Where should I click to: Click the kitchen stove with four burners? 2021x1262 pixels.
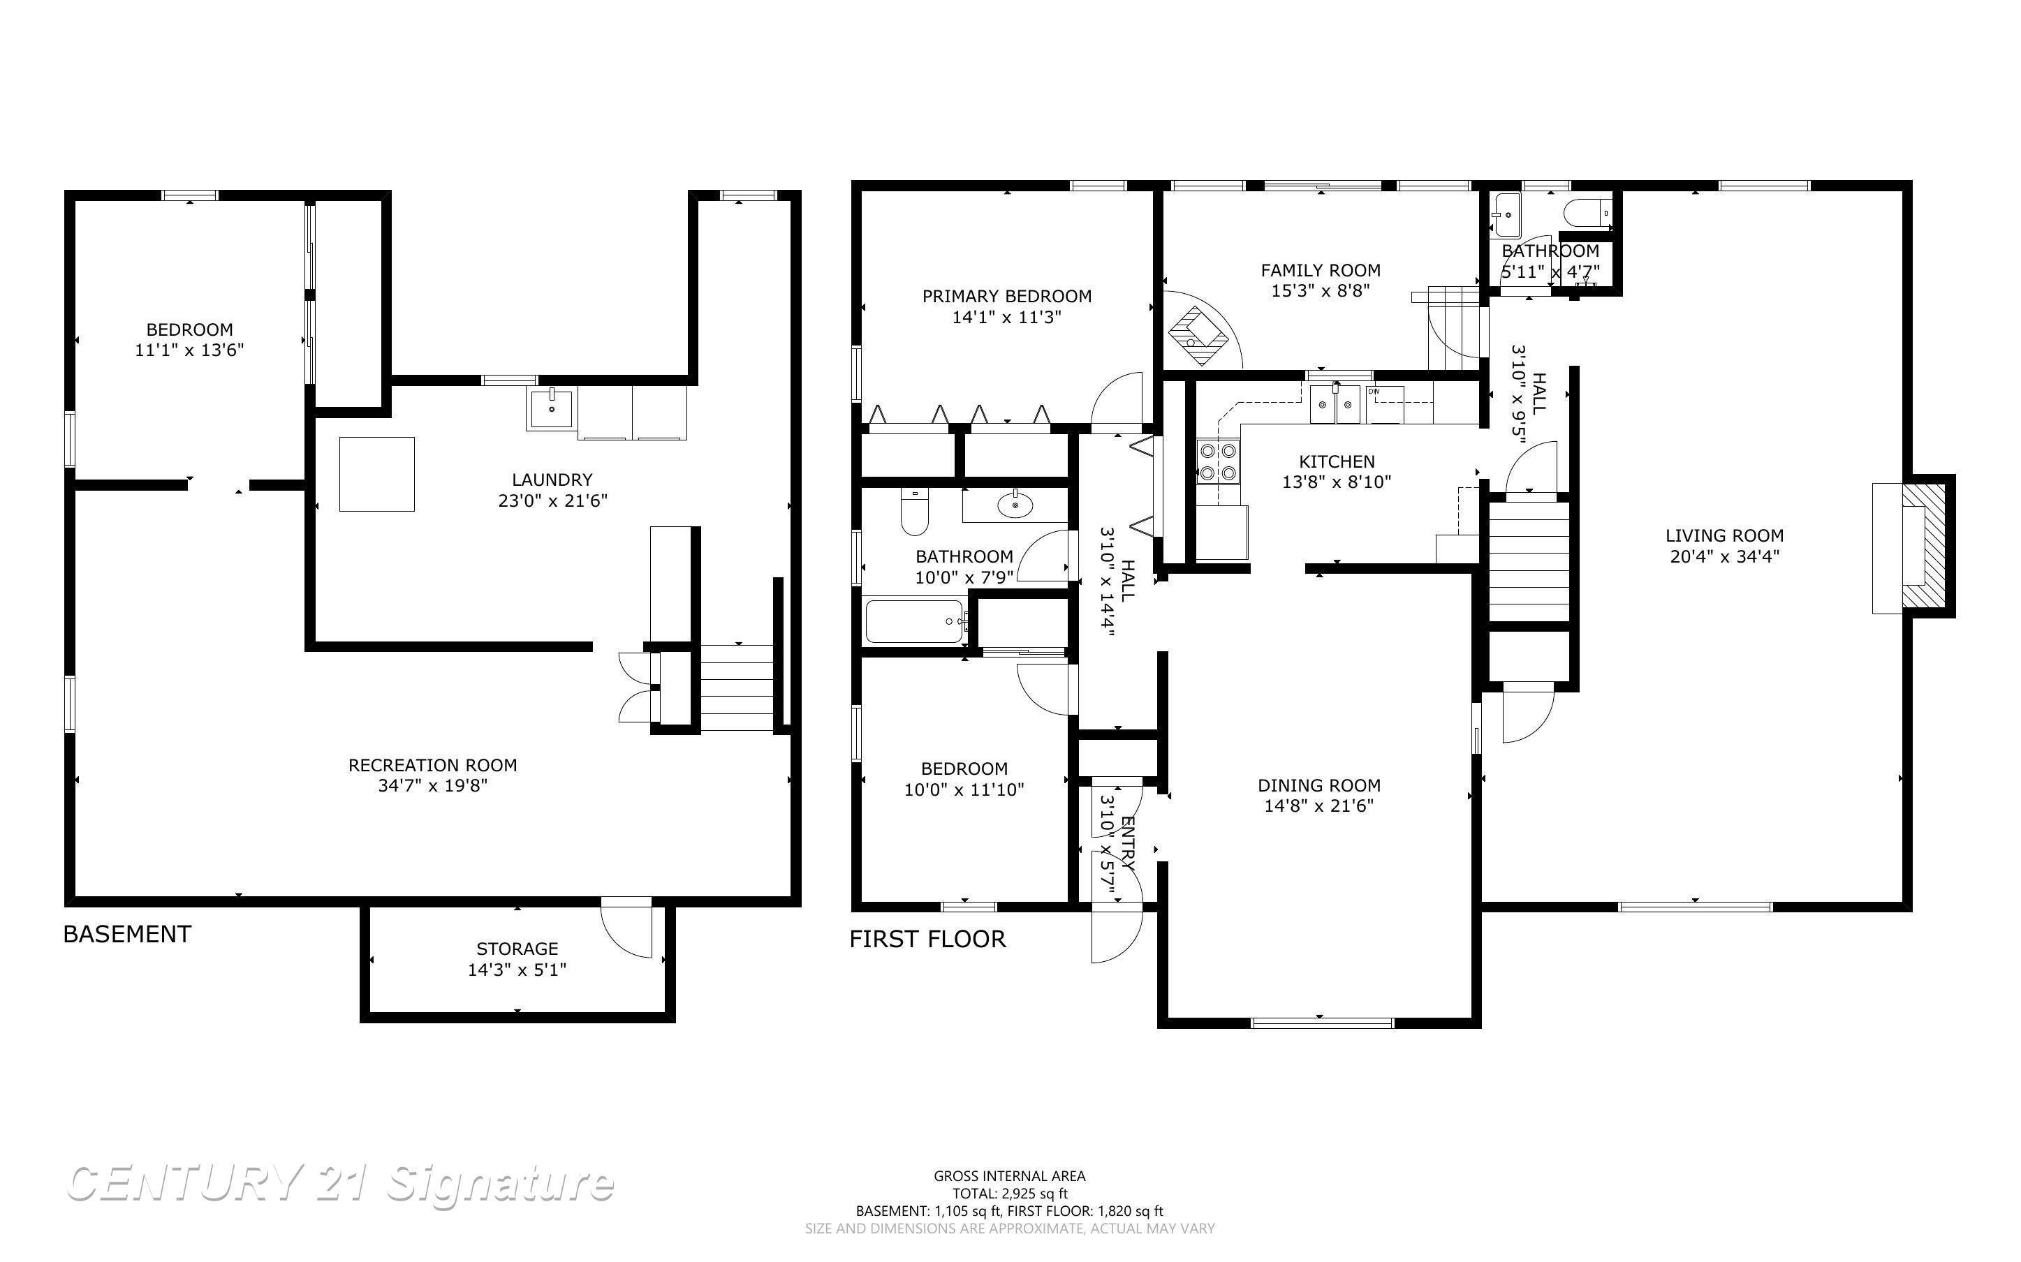[x=1218, y=462]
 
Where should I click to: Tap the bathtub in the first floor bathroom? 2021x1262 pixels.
[x=916, y=622]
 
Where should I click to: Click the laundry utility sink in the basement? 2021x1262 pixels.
[x=551, y=408]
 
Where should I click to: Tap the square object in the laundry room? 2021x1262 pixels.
[x=376, y=474]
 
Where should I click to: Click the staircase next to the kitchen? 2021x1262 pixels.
[x=1529, y=559]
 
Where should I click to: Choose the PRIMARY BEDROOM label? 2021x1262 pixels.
[x=1007, y=296]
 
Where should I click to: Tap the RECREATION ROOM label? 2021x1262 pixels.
[x=432, y=766]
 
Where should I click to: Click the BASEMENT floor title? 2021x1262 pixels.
[x=127, y=934]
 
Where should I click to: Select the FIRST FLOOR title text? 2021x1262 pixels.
[x=927, y=939]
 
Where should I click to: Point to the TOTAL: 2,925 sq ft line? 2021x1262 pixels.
[x=1009, y=1194]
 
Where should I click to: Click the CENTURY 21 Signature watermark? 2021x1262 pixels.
[x=340, y=1184]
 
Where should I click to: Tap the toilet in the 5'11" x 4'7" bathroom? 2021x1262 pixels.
[x=1587, y=213]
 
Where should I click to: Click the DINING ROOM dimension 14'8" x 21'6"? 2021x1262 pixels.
[x=1319, y=806]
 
